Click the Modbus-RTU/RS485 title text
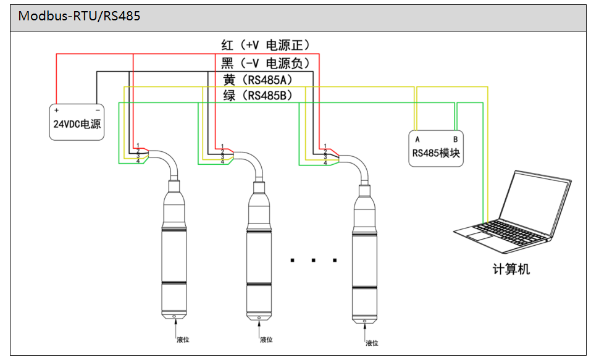79,16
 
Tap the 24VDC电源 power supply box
77,122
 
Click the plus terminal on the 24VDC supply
57,111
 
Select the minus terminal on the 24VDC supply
98,111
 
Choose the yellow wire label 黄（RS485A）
257,79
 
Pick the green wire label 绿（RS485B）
257,96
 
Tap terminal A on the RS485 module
417,140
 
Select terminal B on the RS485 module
455,140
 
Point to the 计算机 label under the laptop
511,269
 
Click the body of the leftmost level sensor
174,253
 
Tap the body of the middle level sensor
259,253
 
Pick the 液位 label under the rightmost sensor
372,343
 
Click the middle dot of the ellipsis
314,261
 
